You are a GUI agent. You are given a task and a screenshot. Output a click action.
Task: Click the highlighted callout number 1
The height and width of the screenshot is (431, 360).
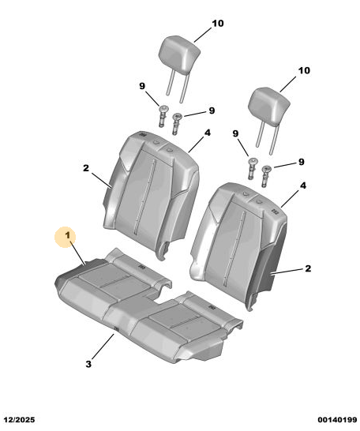[x=68, y=235]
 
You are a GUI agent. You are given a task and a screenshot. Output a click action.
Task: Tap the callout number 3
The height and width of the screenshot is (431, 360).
[x=88, y=364]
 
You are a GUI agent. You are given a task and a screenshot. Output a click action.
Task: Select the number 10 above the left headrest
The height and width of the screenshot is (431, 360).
[x=218, y=24]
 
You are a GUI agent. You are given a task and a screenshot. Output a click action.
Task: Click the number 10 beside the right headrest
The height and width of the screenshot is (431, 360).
[x=304, y=70]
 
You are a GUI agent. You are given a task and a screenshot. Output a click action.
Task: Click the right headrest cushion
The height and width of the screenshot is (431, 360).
[x=269, y=107]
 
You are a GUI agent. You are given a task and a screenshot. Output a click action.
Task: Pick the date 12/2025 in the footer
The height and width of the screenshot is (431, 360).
[x=19, y=420]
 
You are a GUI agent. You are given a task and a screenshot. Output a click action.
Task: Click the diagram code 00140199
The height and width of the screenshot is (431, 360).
[x=337, y=420]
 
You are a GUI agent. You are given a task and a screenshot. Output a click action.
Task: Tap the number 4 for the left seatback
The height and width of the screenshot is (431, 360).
[x=208, y=133]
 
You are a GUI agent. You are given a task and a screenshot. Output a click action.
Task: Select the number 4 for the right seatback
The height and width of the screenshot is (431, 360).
[x=303, y=186]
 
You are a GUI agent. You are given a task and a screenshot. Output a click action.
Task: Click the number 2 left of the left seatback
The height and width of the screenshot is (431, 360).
[x=86, y=167]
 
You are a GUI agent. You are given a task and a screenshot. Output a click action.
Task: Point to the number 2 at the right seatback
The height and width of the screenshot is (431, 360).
[x=308, y=268]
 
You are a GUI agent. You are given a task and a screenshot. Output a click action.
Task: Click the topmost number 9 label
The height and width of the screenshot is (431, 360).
[x=142, y=86]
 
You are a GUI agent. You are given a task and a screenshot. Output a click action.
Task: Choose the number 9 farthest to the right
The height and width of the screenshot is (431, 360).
[x=302, y=162]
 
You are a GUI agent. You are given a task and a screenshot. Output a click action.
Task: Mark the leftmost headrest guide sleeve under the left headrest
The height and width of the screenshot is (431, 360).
[x=163, y=116]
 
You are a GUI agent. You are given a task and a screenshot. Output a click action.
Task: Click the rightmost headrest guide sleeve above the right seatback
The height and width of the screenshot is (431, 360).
[x=265, y=176]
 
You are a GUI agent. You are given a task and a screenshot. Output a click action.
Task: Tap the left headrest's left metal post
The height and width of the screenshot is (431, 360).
[x=170, y=81]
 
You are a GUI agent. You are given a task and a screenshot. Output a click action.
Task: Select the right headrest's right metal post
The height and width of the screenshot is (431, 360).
[x=274, y=139]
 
